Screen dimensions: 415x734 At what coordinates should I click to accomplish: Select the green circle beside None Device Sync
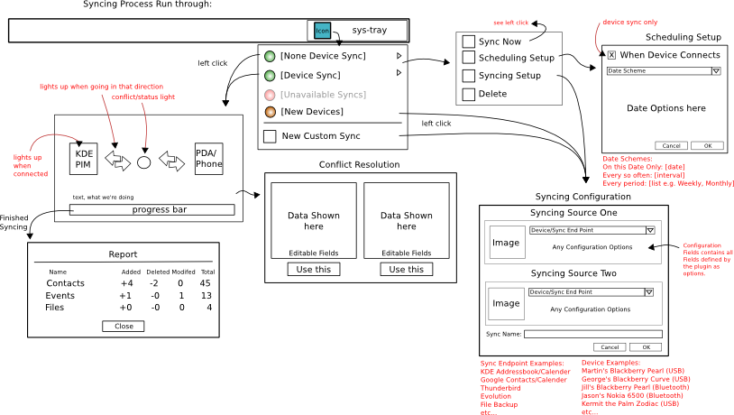pyautogui.click(x=270, y=56)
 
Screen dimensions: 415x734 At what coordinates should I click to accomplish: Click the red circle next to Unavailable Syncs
pyautogui.click(x=270, y=94)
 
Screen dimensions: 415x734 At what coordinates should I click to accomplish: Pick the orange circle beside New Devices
pyautogui.click(x=270, y=112)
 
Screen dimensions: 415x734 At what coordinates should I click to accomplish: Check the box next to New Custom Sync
pyautogui.click(x=270, y=136)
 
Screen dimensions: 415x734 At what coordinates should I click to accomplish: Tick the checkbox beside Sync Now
pyautogui.click(x=468, y=41)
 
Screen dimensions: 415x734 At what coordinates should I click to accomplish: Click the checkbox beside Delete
pyautogui.click(x=468, y=94)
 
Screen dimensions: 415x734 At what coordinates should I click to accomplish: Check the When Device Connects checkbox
pyautogui.click(x=610, y=55)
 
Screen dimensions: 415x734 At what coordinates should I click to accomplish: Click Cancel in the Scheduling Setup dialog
pyautogui.click(x=672, y=145)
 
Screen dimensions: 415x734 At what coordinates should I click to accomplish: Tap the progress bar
pyautogui.click(x=151, y=210)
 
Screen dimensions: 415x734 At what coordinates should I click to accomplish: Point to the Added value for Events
pyautogui.click(x=127, y=295)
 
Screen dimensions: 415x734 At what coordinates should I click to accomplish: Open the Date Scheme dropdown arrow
pyautogui.click(x=715, y=69)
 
